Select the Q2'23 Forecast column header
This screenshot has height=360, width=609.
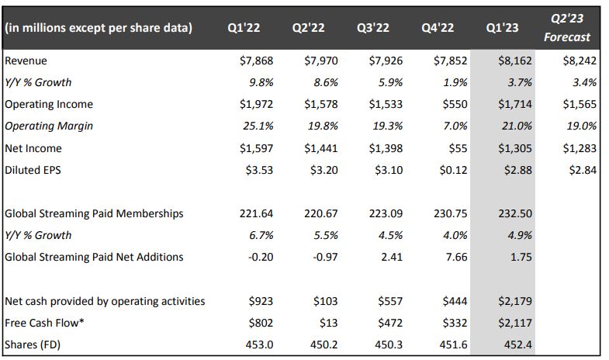(566, 28)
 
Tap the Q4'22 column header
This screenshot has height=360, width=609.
(438, 29)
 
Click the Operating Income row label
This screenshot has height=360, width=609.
(49, 104)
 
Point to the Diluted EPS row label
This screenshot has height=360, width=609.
(35, 170)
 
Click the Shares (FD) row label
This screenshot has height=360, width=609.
(33, 344)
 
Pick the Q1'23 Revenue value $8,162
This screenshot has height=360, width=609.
(515, 61)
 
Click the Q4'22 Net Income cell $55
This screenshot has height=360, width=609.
(455, 148)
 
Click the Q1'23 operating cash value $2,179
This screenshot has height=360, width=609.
(515, 300)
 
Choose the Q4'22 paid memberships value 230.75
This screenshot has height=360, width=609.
(449, 213)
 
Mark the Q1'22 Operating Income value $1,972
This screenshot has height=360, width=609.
(255, 104)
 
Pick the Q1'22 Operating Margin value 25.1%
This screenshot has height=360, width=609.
(257, 126)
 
